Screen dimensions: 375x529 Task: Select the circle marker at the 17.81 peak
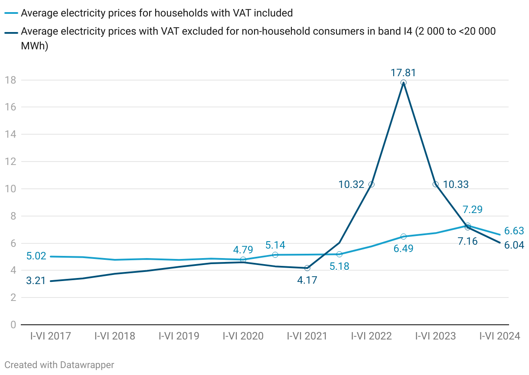point(403,82)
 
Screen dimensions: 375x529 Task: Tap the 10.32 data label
point(351,184)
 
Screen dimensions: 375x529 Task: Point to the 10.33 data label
point(456,184)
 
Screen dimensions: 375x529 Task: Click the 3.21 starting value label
point(36,281)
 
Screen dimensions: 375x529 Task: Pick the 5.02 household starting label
point(36,256)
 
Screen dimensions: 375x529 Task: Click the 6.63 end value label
point(514,231)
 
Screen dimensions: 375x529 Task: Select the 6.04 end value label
point(514,245)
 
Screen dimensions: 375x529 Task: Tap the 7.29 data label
point(473,210)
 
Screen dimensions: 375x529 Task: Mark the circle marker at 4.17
point(307,268)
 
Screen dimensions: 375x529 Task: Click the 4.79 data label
point(243,250)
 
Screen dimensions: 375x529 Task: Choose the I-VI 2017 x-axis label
point(50,336)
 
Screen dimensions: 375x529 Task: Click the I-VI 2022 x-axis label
point(371,336)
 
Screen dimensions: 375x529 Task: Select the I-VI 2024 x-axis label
point(500,336)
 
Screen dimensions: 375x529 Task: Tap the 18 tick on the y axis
point(10,80)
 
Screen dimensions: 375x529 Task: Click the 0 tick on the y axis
point(13,325)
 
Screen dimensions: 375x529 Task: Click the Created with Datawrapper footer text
point(59,365)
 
